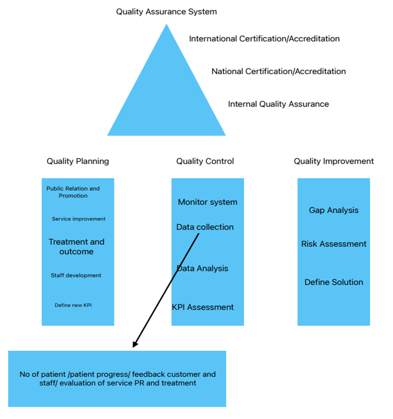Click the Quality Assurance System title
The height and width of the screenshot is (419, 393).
click(166, 12)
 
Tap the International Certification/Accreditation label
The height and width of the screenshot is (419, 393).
click(264, 39)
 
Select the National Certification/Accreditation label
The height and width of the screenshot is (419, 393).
click(279, 72)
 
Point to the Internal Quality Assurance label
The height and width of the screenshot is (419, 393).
click(278, 104)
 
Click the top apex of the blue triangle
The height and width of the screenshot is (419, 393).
click(166, 24)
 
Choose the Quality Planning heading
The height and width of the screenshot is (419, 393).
click(78, 161)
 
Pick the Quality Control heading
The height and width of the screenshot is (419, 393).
click(205, 161)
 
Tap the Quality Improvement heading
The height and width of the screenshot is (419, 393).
click(333, 161)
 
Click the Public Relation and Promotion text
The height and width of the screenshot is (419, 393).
click(73, 192)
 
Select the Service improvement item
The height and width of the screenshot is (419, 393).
click(79, 219)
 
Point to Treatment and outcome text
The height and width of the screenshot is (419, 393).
click(76, 247)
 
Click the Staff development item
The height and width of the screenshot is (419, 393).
click(76, 275)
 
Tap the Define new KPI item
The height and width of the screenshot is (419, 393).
click(73, 305)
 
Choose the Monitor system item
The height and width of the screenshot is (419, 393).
click(208, 202)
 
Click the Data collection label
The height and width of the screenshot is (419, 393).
click(205, 227)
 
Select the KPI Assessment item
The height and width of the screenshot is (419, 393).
click(203, 307)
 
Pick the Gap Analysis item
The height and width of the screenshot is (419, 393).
click(333, 210)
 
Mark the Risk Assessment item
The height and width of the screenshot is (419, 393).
click(333, 244)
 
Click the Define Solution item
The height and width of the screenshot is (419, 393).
click(333, 282)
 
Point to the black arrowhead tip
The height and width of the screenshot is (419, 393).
click(133, 347)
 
